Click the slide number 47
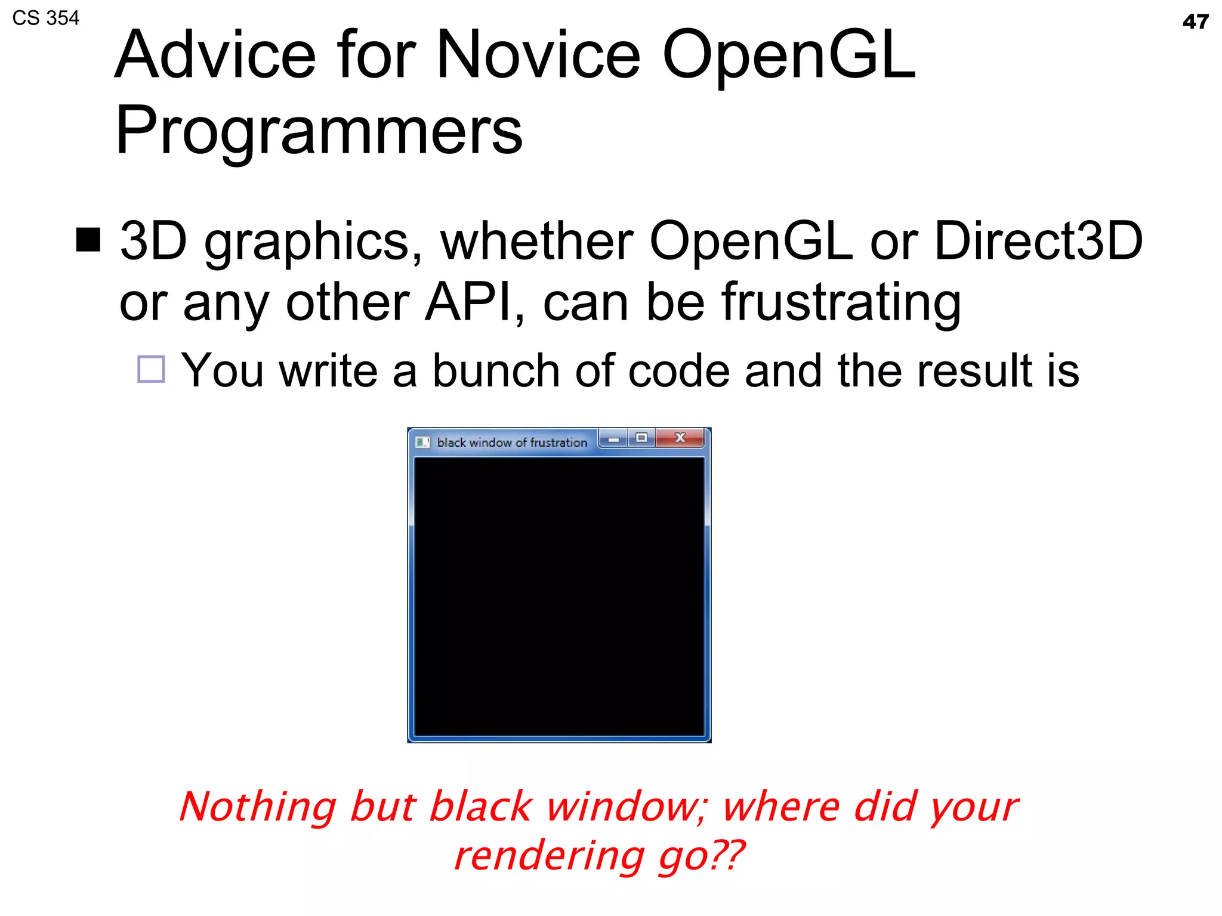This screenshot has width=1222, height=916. [x=1195, y=22]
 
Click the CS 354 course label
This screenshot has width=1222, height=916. [x=46, y=18]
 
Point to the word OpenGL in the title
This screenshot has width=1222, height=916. [x=788, y=55]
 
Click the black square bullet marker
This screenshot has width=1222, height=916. [x=88, y=240]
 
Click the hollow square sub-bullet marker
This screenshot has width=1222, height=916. [x=151, y=369]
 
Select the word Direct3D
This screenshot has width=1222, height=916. [x=1038, y=241]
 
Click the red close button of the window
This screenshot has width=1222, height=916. [x=680, y=438]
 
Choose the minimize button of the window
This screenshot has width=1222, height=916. [x=613, y=440]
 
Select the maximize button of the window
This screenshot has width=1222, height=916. [x=641, y=438]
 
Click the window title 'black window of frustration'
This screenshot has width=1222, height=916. [x=512, y=442]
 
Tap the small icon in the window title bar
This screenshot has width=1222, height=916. [x=422, y=442]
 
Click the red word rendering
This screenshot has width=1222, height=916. [x=549, y=856]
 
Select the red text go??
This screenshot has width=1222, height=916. [x=701, y=856]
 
